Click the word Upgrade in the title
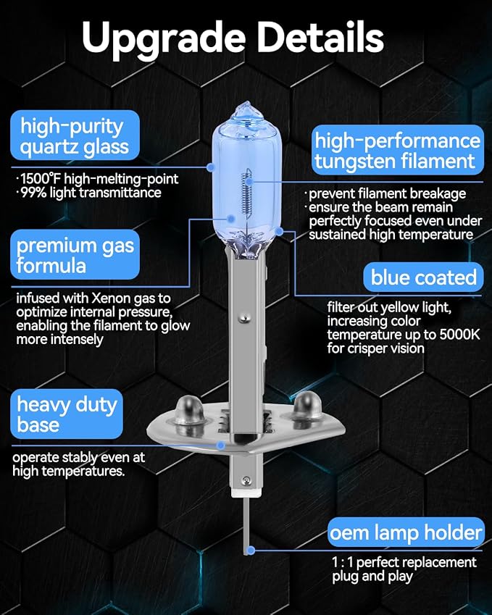click(x=164, y=38)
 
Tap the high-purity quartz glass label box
click(x=75, y=135)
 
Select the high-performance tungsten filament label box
click(x=398, y=150)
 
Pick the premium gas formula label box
click(x=75, y=254)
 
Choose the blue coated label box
click(x=423, y=277)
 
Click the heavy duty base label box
click(x=67, y=414)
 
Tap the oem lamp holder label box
click(x=406, y=532)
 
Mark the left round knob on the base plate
click(x=190, y=410)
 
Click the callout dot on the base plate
click(x=221, y=445)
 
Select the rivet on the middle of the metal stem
click(x=244, y=318)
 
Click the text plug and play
click(x=372, y=577)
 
